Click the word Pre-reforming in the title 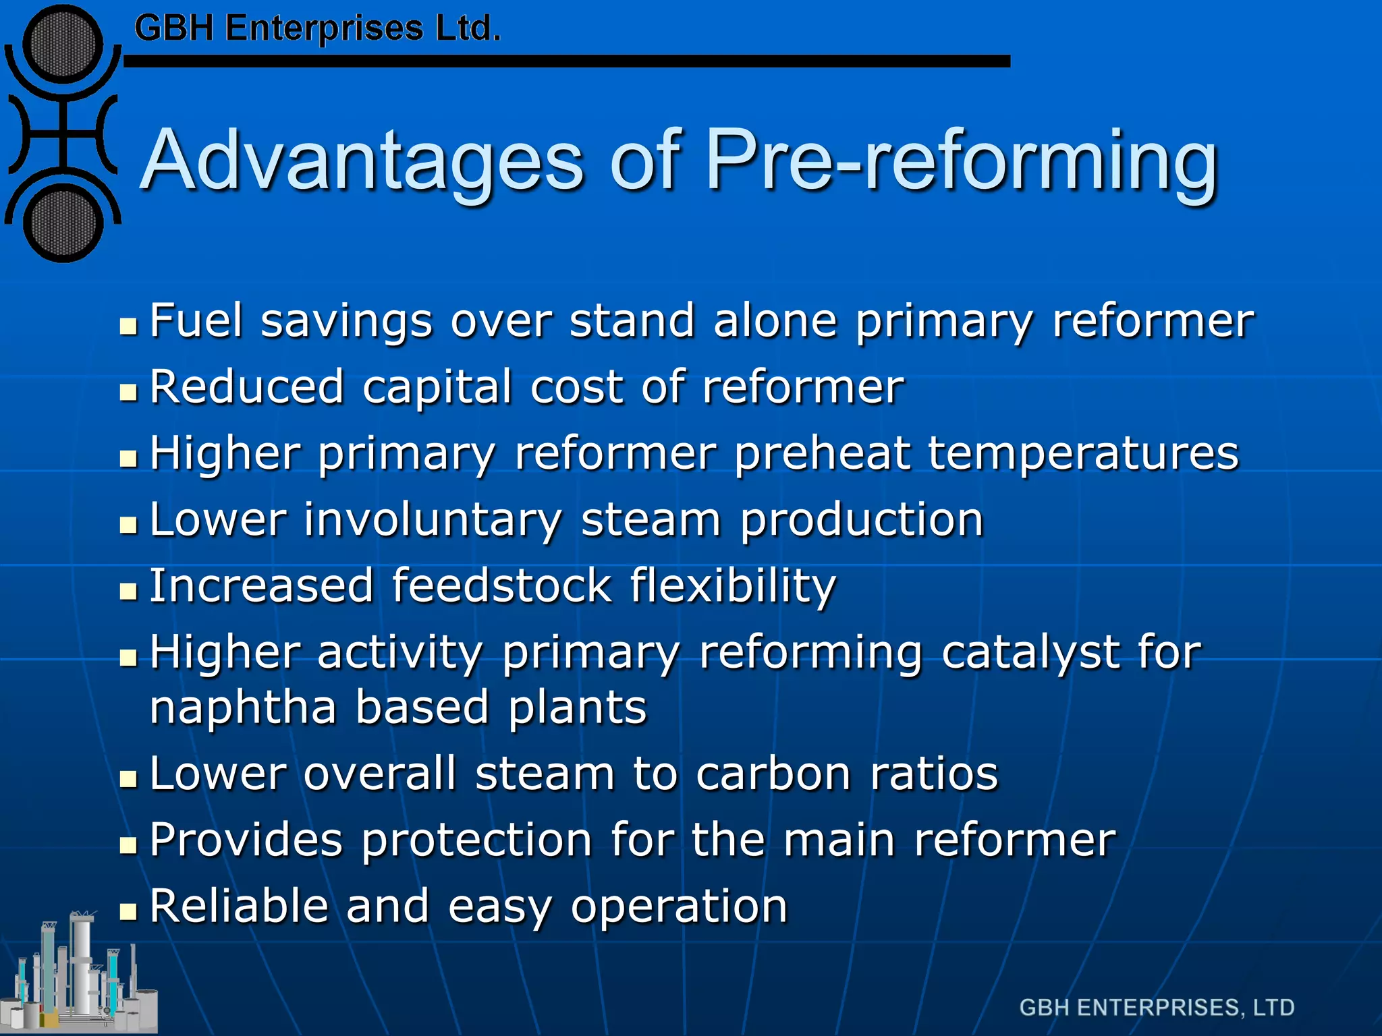(x=961, y=162)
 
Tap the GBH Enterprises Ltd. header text (x=317, y=29)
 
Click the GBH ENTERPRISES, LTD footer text (x=1157, y=1008)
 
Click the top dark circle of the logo (x=63, y=45)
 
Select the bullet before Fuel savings (x=128, y=327)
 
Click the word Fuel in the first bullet (x=196, y=320)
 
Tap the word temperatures (x=1083, y=453)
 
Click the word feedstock (x=501, y=585)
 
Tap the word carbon (x=773, y=774)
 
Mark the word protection (x=476, y=840)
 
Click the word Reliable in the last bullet (x=238, y=906)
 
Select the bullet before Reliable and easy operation (x=128, y=913)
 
